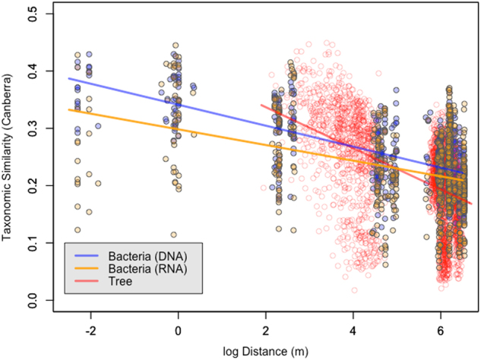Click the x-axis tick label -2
coord(90,331)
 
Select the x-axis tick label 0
coord(179,331)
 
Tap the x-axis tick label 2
coord(266,331)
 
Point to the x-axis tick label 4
coord(354,331)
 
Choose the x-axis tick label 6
coord(441,331)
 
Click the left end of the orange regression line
coord(68,109)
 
